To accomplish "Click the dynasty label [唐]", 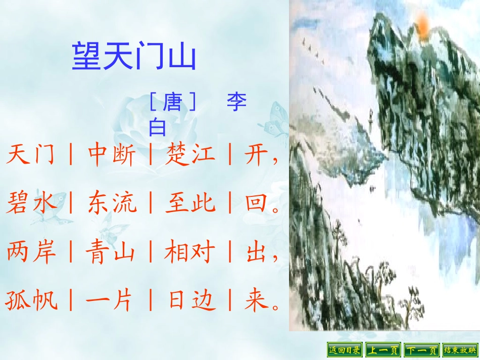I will tap(172, 103).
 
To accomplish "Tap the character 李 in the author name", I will tap(236, 102).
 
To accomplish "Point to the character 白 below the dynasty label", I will tap(157, 128).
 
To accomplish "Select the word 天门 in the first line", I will tap(30, 156).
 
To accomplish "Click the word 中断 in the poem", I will tap(111, 156).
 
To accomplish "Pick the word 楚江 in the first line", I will tap(190, 156).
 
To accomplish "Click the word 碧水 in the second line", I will tap(30, 204).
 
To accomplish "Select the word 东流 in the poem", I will tap(111, 204).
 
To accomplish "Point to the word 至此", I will tap(190, 204).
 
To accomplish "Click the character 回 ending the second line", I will tap(256, 204).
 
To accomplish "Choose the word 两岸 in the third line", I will tap(30, 252).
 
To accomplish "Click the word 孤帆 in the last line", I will tap(30, 301).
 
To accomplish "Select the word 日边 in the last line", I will tap(190, 301).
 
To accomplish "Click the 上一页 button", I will tap(382, 349).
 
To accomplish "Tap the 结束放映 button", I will tap(460, 349).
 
